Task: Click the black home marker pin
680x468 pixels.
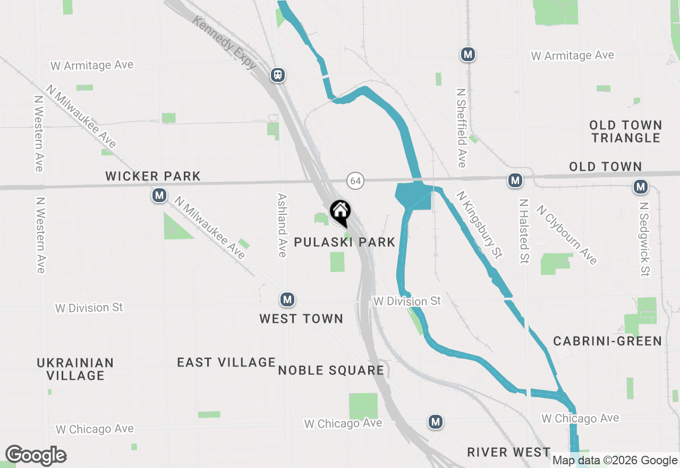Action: [x=339, y=211]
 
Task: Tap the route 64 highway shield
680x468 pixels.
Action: [x=355, y=181]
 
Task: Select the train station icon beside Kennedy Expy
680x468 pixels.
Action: [x=278, y=75]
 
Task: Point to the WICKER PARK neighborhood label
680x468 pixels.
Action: [x=153, y=176]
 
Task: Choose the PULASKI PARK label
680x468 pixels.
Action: [x=345, y=243]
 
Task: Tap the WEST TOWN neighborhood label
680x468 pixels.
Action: [x=301, y=319]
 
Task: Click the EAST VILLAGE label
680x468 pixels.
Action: [x=226, y=363]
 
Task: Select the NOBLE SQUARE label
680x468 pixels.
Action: [x=331, y=371]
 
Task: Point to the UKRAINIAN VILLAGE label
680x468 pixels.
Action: [x=75, y=369]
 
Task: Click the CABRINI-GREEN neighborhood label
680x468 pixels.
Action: [x=608, y=341]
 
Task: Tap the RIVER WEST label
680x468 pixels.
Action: [x=508, y=453]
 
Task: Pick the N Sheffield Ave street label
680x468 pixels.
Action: [x=461, y=127]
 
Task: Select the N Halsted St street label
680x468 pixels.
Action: [x=524, y=231]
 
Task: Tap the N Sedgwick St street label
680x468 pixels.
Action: [x=644, y=239]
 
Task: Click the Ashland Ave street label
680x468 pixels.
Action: [x=282, y=225]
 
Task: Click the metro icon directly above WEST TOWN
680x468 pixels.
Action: [x=287, y=299]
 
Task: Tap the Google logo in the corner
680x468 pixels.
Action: [x=36, y=456]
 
